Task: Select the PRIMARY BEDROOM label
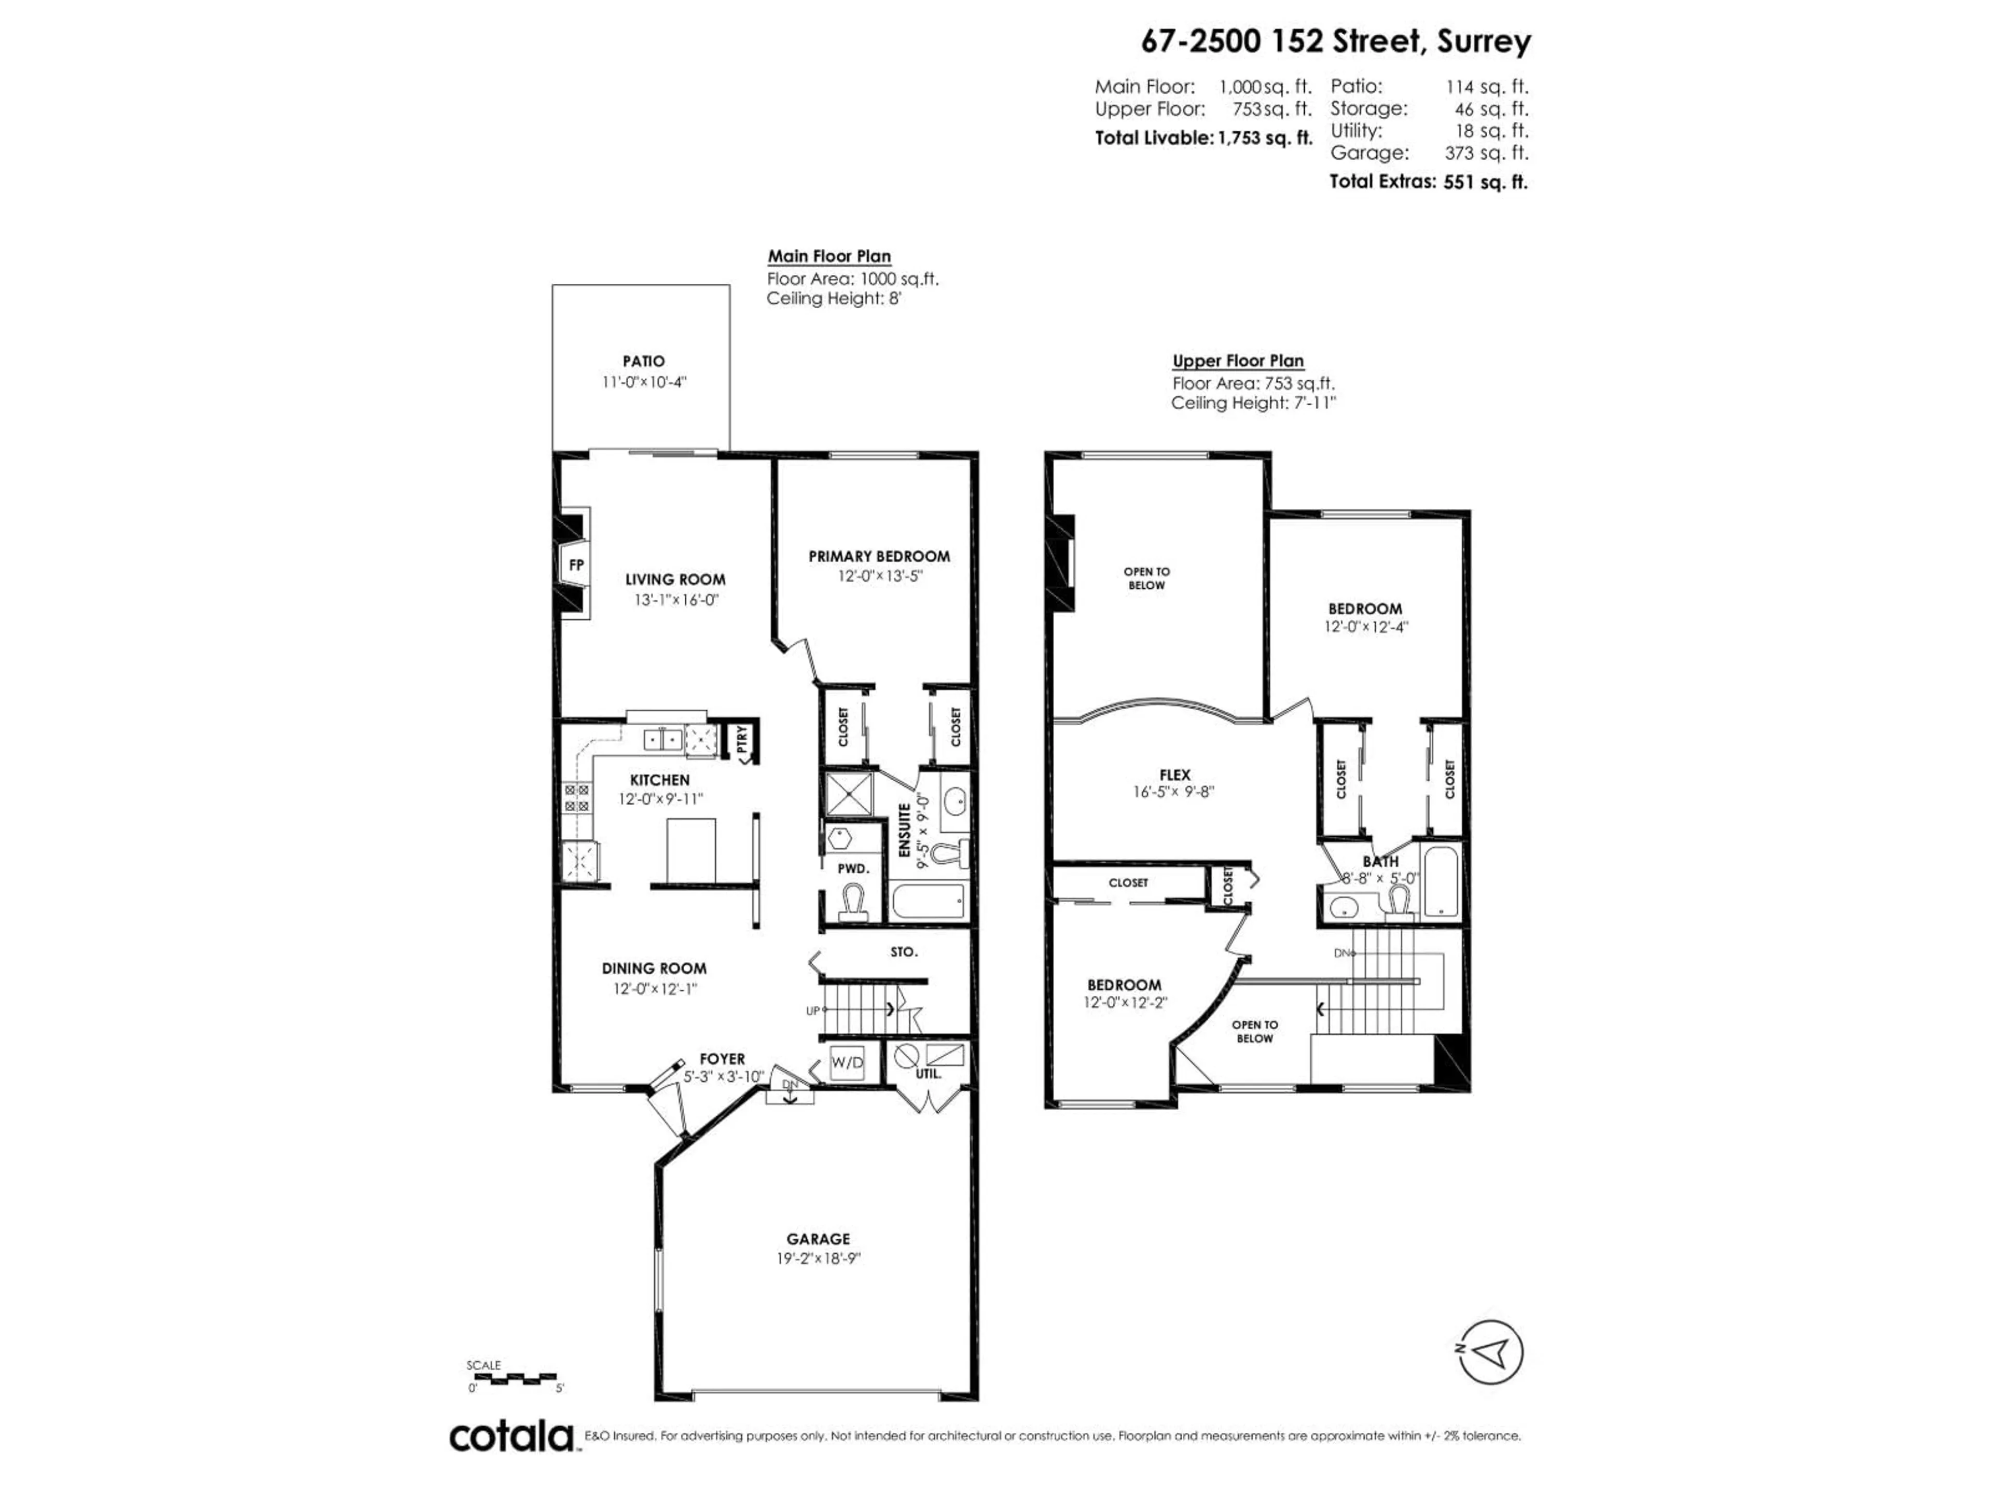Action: (x=879, y=557)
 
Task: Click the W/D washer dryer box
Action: (x=847, y=1062)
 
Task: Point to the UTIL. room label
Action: (x=929, y=1074)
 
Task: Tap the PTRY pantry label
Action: (x=742, y=739)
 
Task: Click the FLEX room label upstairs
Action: (x=1174, y=774)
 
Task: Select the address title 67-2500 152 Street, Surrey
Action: (x=1335, y=41)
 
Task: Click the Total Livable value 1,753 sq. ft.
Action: (x=1265, y=139)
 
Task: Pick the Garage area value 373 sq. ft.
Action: (x=1486, y=153)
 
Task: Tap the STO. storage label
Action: (x=903, y=952)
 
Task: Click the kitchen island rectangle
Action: (x=691, y=851)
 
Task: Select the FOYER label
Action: (x=722, y=1059)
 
